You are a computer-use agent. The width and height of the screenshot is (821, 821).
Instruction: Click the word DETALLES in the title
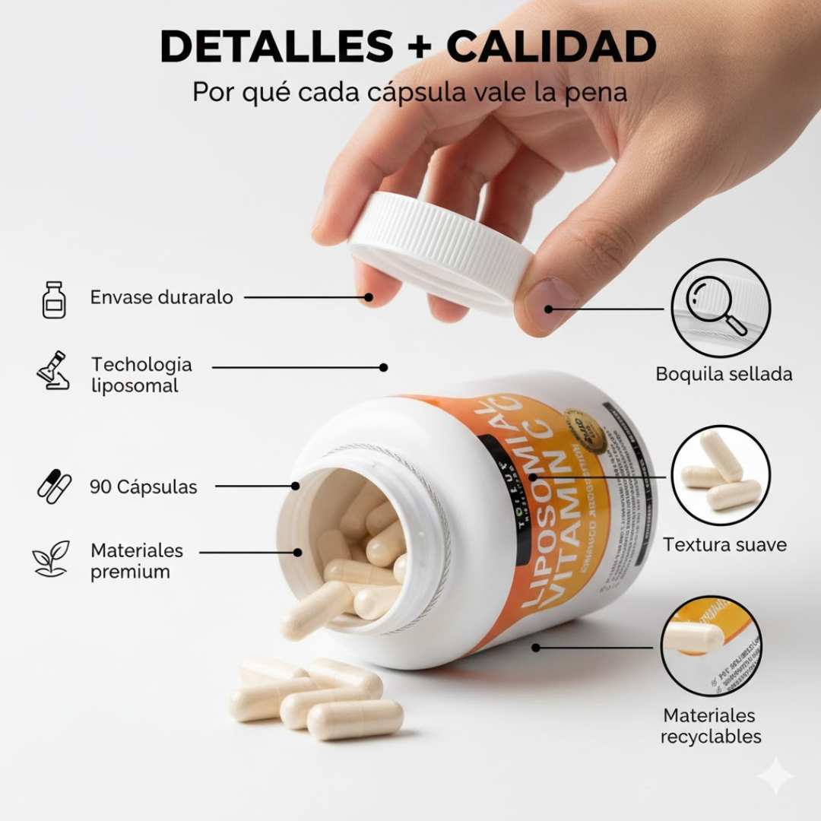(276, 46)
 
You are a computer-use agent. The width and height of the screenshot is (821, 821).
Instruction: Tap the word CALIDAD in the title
(551, 46)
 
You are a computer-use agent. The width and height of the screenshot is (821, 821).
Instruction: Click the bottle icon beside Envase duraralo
(54, 299)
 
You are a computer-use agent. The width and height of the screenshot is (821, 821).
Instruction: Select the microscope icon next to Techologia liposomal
(54, 370)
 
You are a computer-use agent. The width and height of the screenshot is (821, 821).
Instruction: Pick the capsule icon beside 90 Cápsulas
(54, 487)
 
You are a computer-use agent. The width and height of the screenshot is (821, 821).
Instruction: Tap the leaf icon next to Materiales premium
(51, 559)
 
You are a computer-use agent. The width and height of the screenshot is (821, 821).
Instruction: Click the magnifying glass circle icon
(720, 308)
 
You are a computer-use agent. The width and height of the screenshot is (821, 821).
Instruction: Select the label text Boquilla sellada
(724, 374)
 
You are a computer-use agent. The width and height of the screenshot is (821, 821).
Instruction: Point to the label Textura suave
(724, 544)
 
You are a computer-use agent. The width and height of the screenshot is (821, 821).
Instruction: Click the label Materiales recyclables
(711, 726)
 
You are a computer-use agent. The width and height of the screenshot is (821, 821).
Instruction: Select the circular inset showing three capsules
(720, 475)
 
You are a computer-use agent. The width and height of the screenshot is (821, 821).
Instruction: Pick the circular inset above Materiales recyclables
(711, 646)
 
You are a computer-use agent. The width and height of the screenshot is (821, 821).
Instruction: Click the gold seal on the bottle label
(585, 432)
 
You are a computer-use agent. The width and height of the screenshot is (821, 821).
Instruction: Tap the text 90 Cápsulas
(144, 487)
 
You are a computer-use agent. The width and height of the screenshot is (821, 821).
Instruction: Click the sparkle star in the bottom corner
(775, 775)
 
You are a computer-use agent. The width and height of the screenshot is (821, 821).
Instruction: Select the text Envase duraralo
(162, 297)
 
